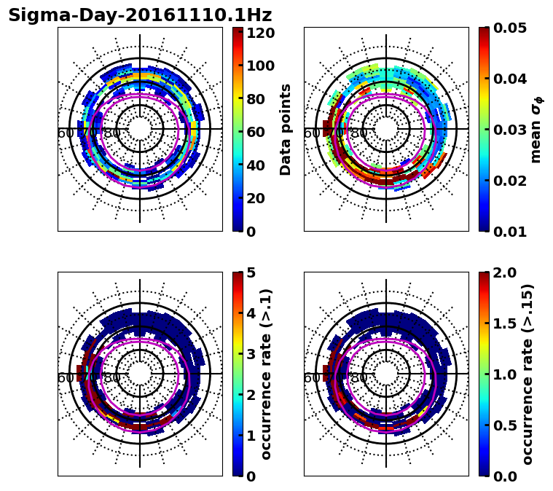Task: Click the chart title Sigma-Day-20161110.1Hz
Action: point(140,15)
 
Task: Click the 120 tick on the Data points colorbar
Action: point(261,33)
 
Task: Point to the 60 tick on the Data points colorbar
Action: point(261,132)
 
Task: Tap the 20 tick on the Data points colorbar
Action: point(261,198)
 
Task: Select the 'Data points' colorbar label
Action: point(286,130)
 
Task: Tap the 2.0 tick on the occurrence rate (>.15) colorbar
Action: point(501,272)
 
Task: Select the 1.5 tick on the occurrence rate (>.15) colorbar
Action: point(501,323)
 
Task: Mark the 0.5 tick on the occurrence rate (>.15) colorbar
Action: point(501,425)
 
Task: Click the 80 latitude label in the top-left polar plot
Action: point(112,133)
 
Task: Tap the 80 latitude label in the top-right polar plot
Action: point(358,133)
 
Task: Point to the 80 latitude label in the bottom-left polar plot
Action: point(112,378)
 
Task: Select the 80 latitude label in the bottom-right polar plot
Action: point(358,378)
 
